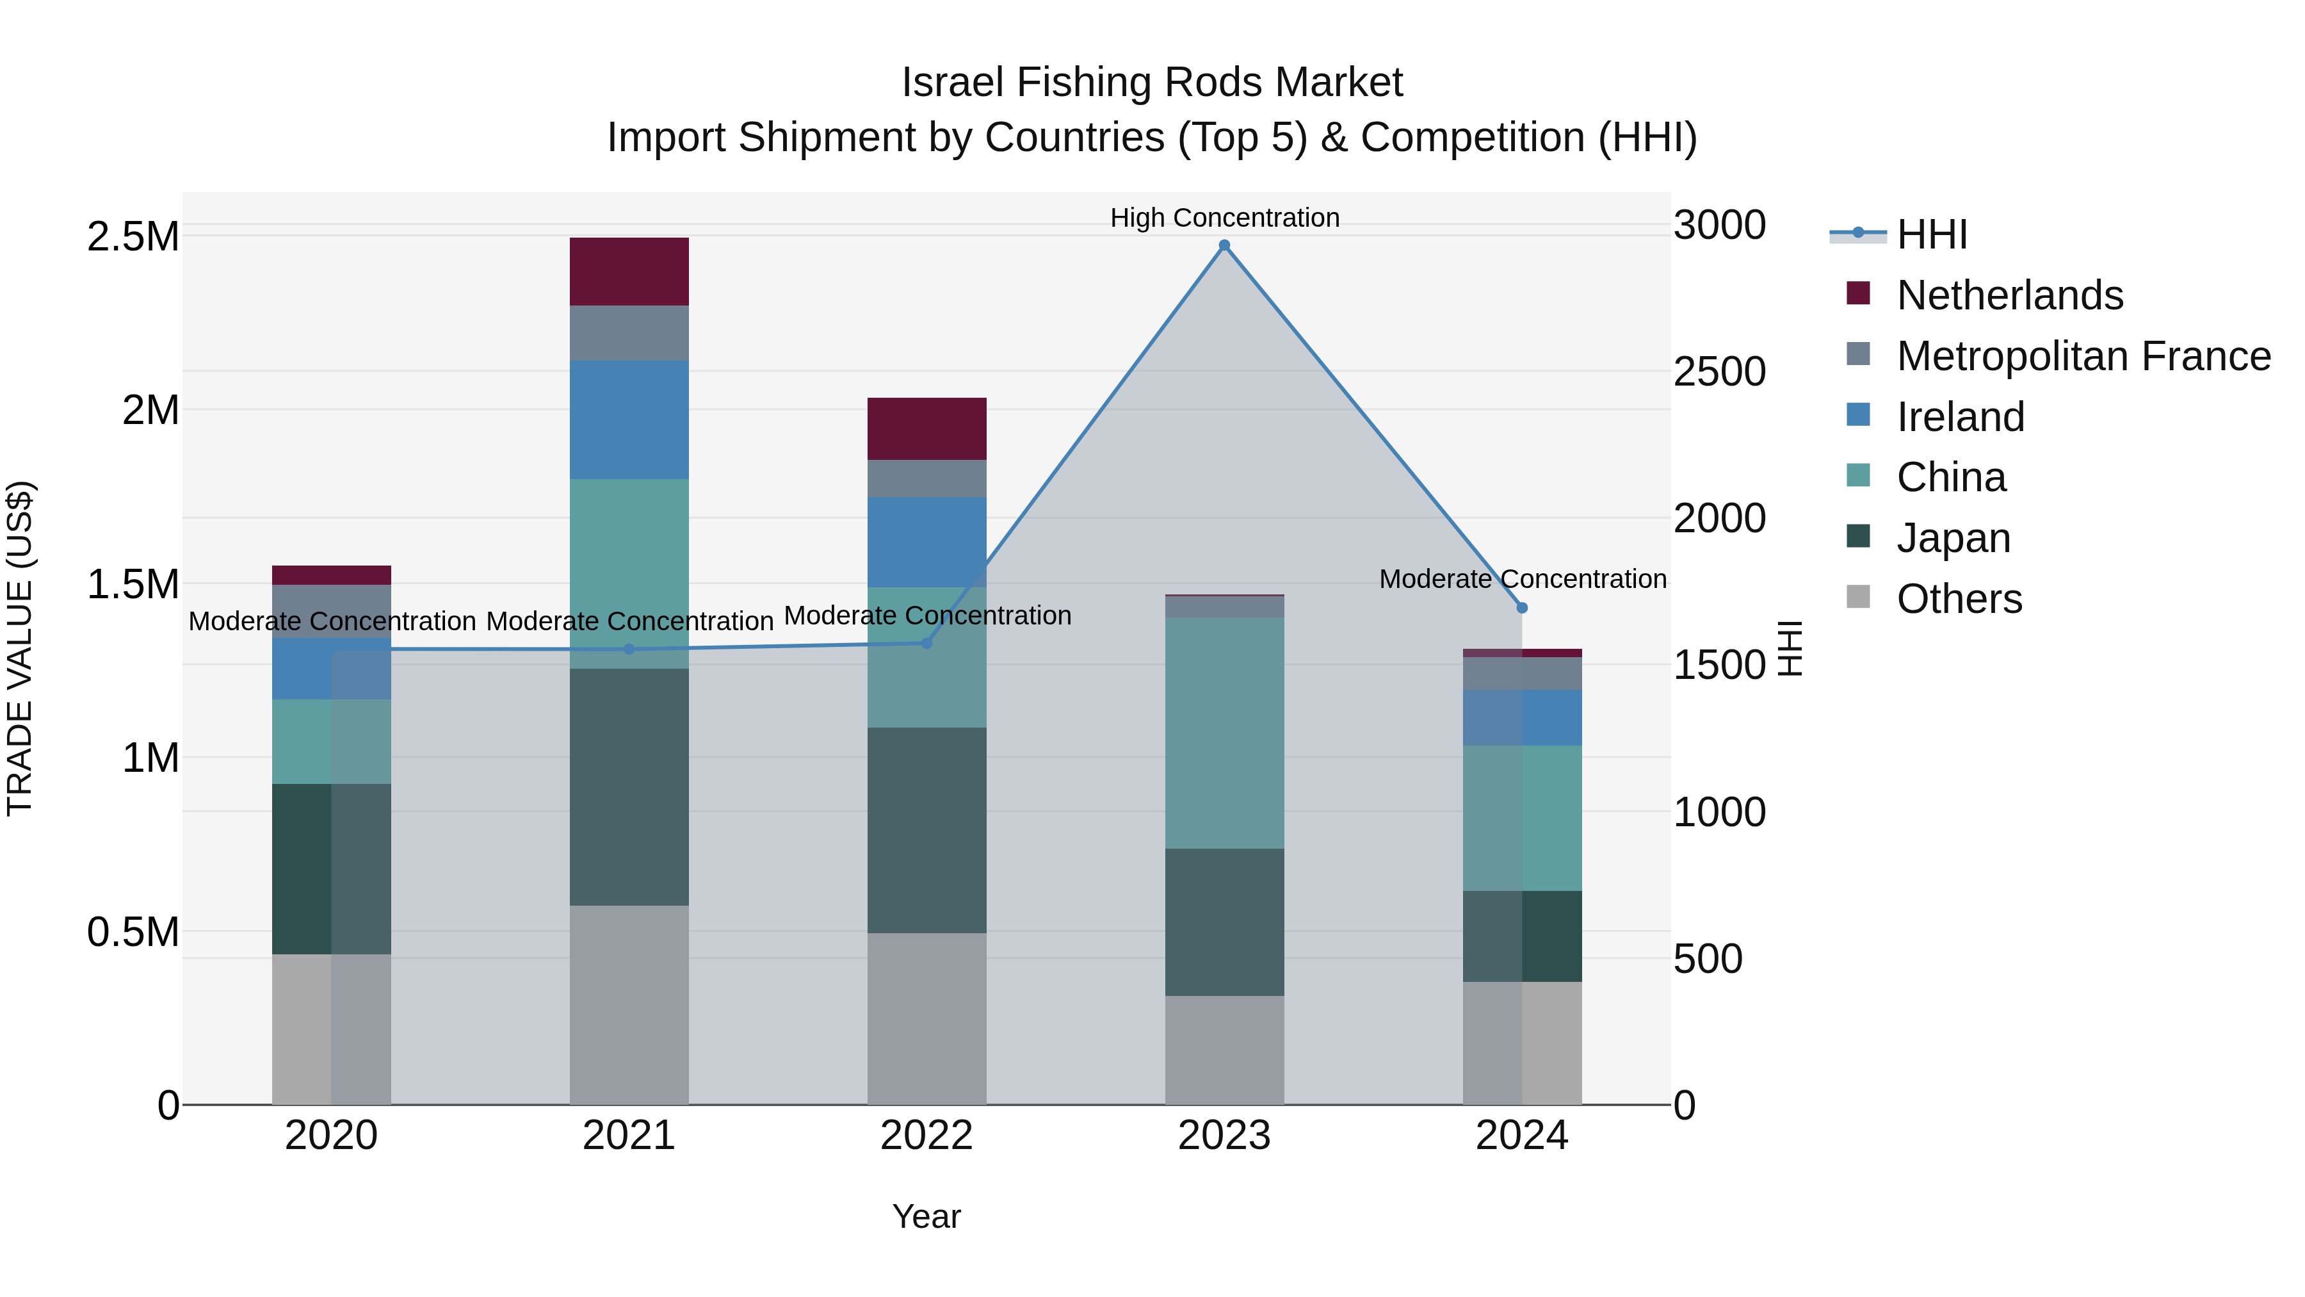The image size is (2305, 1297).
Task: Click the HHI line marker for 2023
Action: [x=1224, y=245]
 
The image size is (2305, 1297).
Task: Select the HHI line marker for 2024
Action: [x=1522, y=608]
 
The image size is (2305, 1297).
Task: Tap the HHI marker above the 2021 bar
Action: [x=629, y=649]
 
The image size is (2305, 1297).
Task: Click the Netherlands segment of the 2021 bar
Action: [x=629, y=271]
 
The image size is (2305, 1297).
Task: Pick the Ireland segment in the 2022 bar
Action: [x=927, y=541]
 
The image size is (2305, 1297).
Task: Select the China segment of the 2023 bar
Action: [x=1224, y=732]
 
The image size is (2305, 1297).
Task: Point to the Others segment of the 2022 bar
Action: [x=927, y=1018]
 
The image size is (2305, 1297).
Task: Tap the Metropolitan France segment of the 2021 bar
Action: [x=629, y=333]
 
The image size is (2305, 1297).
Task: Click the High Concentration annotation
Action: [x=1224, y=218]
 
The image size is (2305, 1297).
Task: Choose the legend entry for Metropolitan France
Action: [x=2083, y=355]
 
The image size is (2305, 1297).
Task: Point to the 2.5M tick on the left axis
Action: [x=133, y=236]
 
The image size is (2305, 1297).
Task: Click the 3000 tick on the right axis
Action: [x=1719, y=225]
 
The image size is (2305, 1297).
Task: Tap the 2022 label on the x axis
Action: [x=927, y=1135]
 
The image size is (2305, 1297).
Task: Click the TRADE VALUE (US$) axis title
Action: [x=20, y=648]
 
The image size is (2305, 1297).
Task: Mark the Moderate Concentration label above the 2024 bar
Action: [x=1522, y=579]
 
